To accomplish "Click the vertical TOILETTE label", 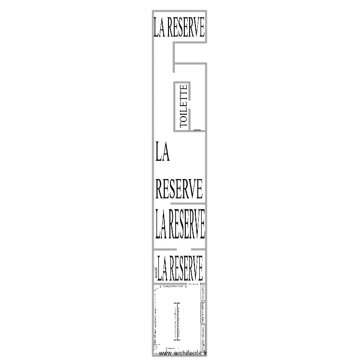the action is pyautogui.click(x=183, y=106).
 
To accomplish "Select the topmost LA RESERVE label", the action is pyautogui.click(x=179, y=27).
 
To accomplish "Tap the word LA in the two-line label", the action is pyautogui.click(x=163, y=154).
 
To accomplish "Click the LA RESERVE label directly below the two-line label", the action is pyautogui.click(x=180, y=224).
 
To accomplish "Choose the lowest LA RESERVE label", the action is pyautogui.click(x=180, y=268).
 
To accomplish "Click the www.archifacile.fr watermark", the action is pyautogui.click(x=185, y=354).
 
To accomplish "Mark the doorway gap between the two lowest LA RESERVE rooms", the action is pyautogui.click(x=184, y=250).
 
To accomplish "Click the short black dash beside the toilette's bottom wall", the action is pyautogui.click(x=197, y=130).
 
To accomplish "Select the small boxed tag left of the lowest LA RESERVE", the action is pyautogui.click(x=156, y=274).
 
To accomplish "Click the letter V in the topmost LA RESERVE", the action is pyautogui.click(x=194, y=27).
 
